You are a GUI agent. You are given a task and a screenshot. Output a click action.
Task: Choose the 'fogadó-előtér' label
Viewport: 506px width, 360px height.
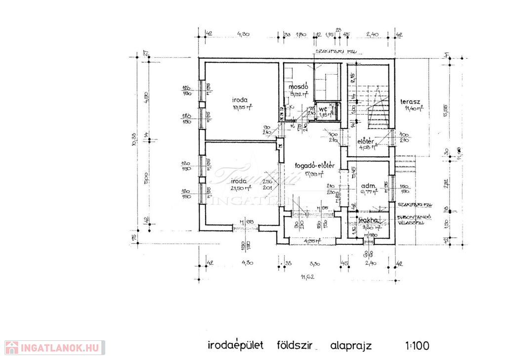tap(315, 166)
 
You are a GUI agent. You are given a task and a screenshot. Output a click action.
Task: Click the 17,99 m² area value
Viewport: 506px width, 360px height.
tap(315, 174)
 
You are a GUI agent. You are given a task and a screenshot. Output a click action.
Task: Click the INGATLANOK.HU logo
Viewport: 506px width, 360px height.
tap(51, 348)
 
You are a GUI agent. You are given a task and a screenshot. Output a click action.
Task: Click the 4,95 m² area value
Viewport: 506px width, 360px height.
tap(312, 241)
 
